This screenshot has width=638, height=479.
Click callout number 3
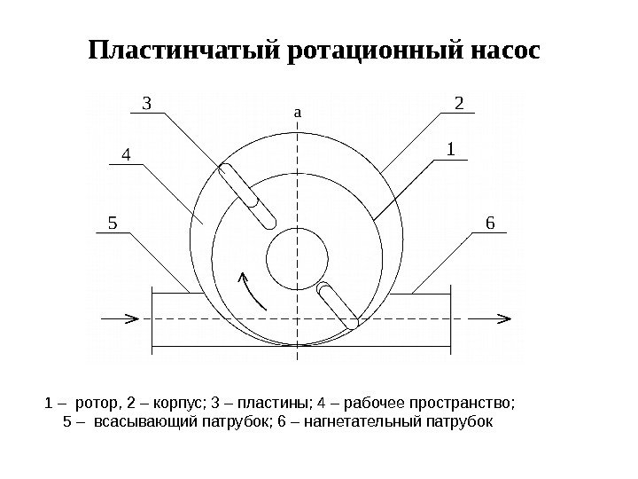(148, 105)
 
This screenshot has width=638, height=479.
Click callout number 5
(112, 223)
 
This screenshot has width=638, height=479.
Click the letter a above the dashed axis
(298, 114)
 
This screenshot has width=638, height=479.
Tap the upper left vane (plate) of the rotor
(248, 194)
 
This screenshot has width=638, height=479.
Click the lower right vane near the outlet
(339, 306)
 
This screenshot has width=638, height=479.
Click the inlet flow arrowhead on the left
(130, 317)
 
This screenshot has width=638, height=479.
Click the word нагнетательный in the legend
(367, 421)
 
